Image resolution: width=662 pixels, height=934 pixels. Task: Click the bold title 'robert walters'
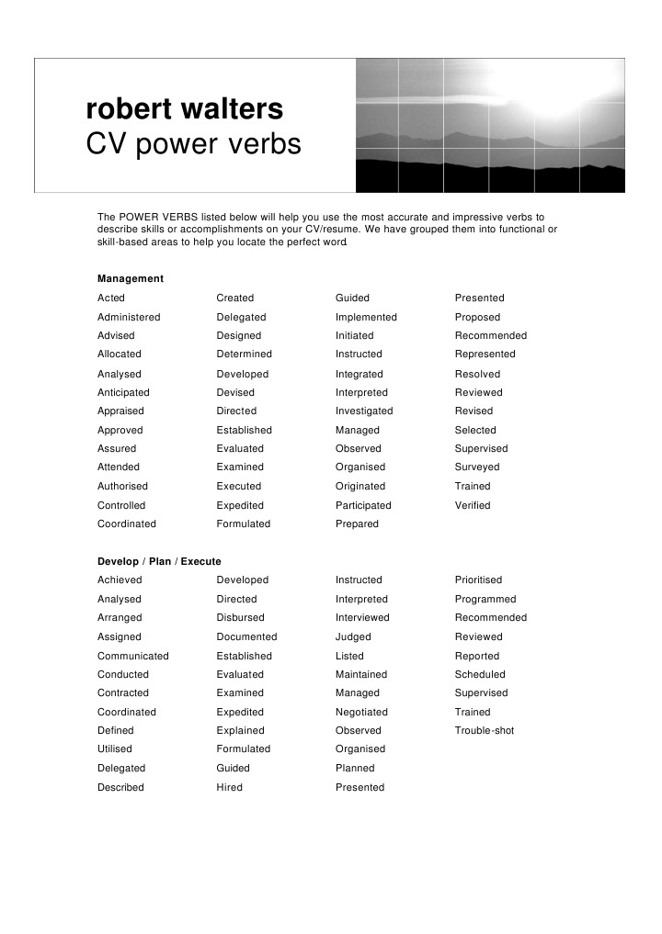click(185, 109)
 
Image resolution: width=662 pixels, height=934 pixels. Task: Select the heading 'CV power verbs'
click(193, 145)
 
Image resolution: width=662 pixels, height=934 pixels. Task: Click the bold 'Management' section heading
click(131, 278)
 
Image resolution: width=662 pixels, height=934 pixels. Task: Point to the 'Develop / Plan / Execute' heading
click(159, 561)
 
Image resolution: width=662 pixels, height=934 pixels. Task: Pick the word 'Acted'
click(111, 298)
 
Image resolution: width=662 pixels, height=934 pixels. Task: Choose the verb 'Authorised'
click(122, 486)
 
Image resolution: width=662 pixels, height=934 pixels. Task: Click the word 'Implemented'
click(366, 317)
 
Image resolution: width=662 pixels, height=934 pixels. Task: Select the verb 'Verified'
click(473, 505)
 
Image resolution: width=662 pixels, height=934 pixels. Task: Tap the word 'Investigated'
click(364, 411)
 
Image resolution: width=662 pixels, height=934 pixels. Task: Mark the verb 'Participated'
click(363, 505)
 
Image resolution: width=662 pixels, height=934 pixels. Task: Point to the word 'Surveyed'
click(477, 467)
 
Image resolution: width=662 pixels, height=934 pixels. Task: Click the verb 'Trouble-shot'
click(485, 730)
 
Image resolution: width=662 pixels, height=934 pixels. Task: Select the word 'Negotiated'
click(361, 712)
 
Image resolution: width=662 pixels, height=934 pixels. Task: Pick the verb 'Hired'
click(230, 787)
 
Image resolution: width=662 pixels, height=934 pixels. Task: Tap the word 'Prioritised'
click(478, 580)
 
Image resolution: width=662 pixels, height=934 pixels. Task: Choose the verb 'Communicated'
click(133, 656)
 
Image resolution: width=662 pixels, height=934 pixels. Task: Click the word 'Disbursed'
click(240, 617)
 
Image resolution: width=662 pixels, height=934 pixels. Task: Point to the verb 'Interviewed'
click(362, 617)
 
